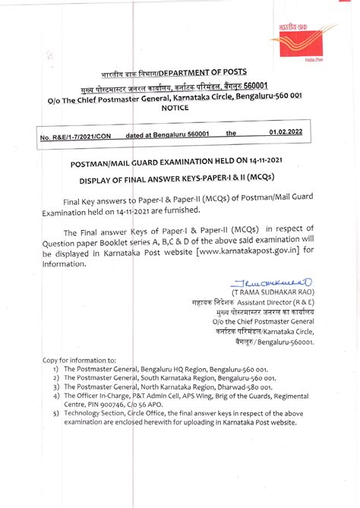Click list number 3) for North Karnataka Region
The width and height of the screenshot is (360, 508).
(57, 386)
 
